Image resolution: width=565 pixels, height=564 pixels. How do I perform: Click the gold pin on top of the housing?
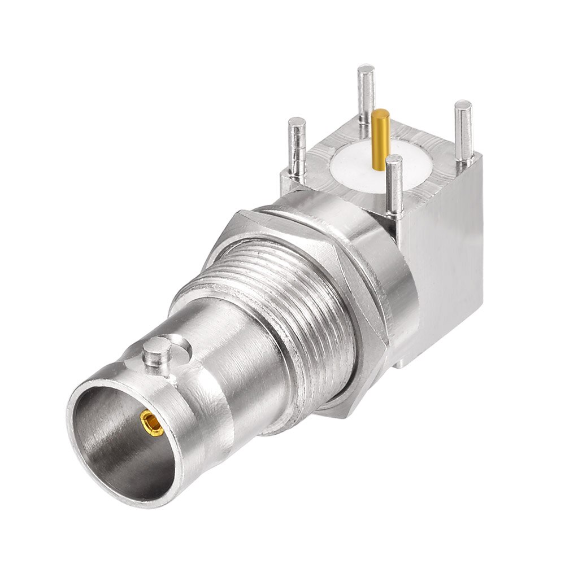tap(381, 138)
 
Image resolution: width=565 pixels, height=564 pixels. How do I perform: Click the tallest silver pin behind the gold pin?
tap(366, 96)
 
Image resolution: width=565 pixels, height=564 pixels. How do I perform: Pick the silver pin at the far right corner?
tap(464, 133)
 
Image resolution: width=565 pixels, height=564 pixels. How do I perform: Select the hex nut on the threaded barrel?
tap(362, 316)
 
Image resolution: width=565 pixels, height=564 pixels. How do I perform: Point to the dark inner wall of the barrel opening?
tap(113, 429)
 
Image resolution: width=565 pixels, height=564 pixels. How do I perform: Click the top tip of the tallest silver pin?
tap(366, 69)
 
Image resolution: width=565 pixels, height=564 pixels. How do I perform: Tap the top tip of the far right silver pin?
tap(463, 105)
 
